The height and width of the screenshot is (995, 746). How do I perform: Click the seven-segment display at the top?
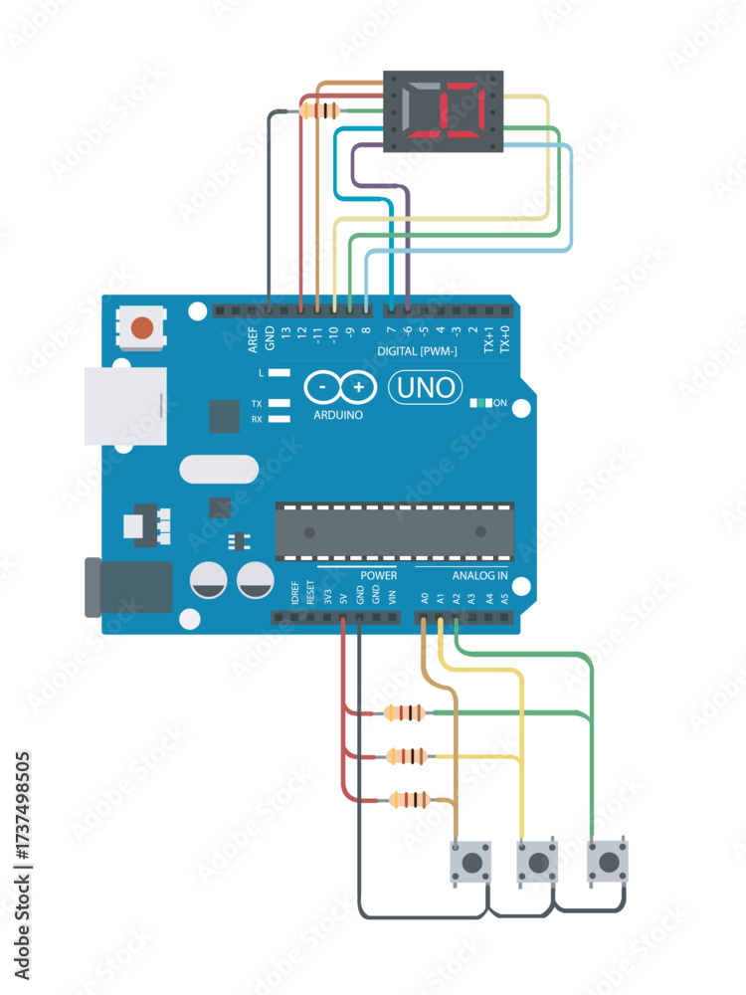445,111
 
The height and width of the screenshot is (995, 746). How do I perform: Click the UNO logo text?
425,387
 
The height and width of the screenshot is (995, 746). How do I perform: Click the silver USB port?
124,405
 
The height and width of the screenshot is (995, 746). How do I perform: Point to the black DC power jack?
129,587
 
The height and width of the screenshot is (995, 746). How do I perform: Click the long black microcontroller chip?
395,530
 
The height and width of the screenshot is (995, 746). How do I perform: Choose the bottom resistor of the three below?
410,799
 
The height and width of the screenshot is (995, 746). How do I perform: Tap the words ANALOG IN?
479,576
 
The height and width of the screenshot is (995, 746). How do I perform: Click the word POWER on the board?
378,576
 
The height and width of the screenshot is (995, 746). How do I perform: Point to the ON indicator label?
500,403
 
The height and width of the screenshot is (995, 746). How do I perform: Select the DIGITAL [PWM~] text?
418,352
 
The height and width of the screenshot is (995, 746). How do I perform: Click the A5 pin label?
504,599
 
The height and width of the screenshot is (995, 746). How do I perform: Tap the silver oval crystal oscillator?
219,469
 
